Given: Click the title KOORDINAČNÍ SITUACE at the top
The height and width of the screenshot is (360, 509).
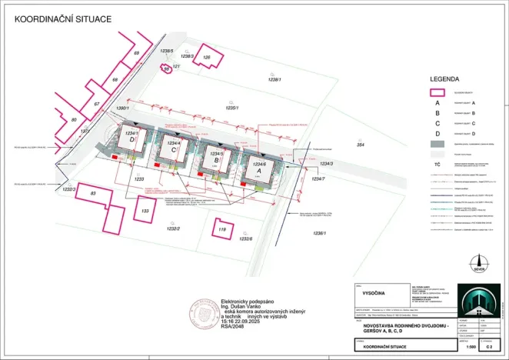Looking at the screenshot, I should tap(63, 17).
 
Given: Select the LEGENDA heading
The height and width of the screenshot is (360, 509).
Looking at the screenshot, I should tap(444, 78).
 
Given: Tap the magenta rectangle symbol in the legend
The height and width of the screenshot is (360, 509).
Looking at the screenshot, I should tap(437, 93).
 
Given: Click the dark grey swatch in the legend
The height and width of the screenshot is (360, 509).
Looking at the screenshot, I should tap(437, 143).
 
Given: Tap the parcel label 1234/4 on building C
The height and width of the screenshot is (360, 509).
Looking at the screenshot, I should tap(174, 143).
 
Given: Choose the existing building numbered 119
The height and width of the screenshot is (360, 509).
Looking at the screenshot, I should tap(222, 229).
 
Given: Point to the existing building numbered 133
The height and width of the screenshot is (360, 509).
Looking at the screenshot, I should tap(144, 210).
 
